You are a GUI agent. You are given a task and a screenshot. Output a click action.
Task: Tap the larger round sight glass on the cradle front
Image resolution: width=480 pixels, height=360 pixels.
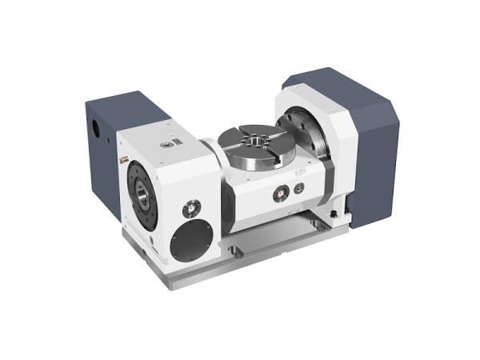point(281,193)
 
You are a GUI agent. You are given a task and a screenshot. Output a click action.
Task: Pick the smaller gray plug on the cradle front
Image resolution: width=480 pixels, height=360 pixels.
point(298,188)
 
